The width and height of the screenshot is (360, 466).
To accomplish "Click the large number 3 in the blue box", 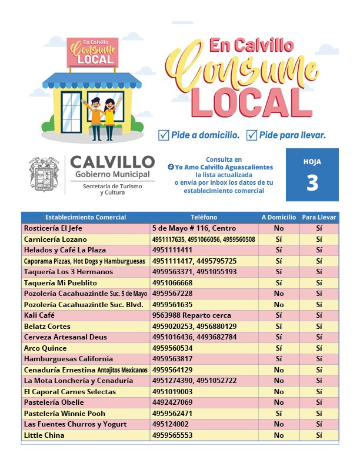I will (x=312, y=184).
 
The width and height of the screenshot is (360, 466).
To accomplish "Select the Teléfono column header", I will (x=204, y=217).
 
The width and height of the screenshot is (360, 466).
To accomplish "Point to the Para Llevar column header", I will (x=319, y=217).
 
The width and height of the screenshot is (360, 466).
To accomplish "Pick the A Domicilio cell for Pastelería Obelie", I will (x=278, y=402).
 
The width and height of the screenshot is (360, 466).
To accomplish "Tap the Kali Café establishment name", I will (x=39, y=315).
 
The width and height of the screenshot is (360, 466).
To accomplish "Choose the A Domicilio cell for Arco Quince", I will (x=278, y=348).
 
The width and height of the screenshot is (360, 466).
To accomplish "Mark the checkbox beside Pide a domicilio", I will (x=164, y=135).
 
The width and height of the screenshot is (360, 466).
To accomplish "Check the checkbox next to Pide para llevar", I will (x=252, y=135).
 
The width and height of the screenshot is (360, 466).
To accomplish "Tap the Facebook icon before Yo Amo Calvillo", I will (x=171, y=168).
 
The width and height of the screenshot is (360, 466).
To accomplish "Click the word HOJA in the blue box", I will (x=312, y=162).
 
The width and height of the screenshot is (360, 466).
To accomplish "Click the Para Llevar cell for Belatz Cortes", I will (x=319, y=327).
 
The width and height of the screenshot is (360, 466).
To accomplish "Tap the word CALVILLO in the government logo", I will (x=112, y=162).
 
